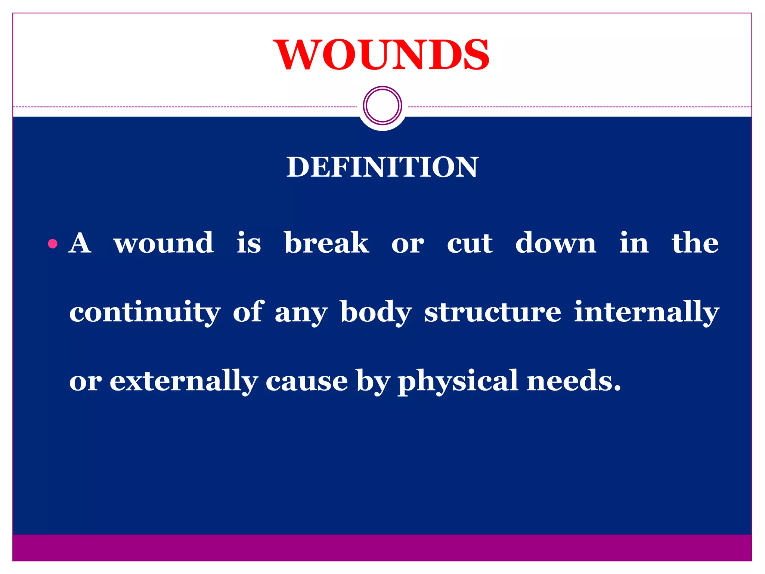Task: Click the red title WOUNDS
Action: (x=381, y=55)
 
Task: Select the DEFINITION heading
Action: (x=382, y=167)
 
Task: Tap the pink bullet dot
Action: (x=53, y=244)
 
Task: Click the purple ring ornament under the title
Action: (x=382, y=105)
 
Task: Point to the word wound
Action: (x=164, y=243)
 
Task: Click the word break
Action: (x=326, y=243)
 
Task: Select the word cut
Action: (x=470, y=243)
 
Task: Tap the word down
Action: (x=555, y=243)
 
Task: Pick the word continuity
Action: (x=145, y=312)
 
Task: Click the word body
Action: (x=376, y=312)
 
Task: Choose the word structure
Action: (x=492, y=312)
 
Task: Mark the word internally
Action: (x=646, y=312)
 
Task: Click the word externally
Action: (x=183, y=381)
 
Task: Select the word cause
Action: (x=307, y=381)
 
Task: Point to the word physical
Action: (x=458, y=381)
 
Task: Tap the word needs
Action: (x=573, y=381)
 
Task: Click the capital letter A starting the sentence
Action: (x=80, y=243)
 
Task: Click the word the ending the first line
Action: (x=695, y=243)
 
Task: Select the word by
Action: (x=373, y=381)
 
